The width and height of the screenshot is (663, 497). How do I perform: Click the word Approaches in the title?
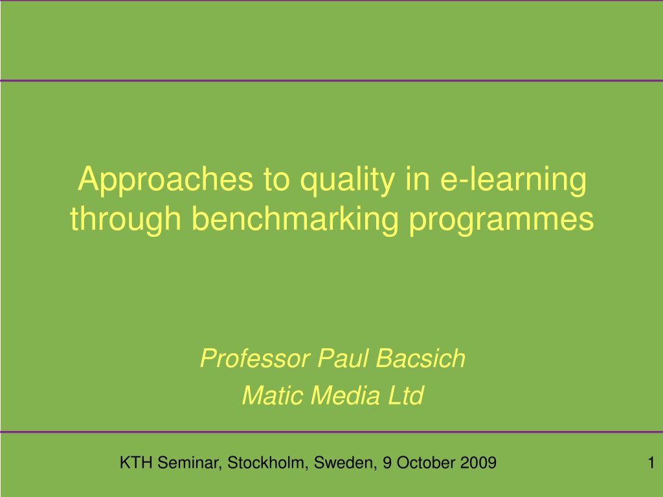pos(166,181)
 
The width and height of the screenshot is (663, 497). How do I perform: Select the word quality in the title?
pos(348,181)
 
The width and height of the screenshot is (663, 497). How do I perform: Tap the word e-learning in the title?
pos(513,181)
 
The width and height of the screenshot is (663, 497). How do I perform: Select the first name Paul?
pos(343,359)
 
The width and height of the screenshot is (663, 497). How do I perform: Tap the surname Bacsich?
pos(421,359)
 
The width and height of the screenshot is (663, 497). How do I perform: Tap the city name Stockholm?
pos(268,463)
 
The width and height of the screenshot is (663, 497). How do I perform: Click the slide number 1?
pos(651,463)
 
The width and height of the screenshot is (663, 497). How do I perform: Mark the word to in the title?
pos(276,181)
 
